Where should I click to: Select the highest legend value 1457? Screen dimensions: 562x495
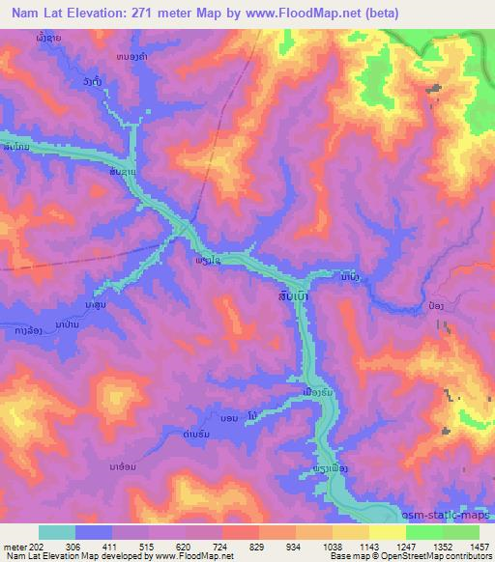point(480,545)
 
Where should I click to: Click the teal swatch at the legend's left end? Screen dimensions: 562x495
point(57,532)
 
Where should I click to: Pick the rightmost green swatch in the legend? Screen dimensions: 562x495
point(461,532)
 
